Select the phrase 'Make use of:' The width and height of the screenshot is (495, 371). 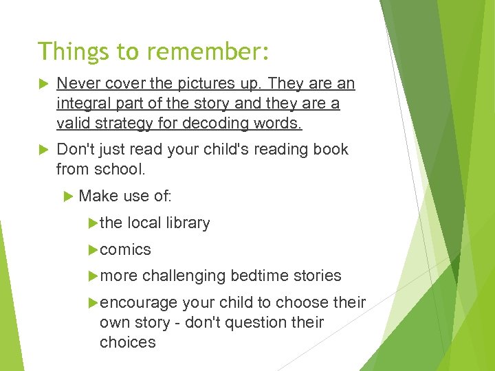pos(125,196)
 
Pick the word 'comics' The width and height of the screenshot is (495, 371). pos(125,249)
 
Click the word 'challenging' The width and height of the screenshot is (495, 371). pos(184,276)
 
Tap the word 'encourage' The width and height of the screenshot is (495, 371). pos(138,303)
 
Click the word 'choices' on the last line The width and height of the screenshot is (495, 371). pos(128,342)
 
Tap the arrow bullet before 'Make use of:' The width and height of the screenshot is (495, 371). pos(68,196)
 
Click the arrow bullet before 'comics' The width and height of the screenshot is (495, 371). pos(93,249)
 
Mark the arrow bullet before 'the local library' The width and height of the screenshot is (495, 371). pos(93,223)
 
